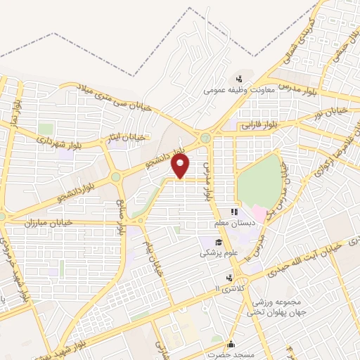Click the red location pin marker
181,165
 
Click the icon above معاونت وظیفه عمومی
239,78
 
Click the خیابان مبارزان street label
29,223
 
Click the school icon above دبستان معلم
236,211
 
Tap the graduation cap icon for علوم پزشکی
209,241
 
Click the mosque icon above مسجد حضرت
231,344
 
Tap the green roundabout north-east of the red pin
205,139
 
